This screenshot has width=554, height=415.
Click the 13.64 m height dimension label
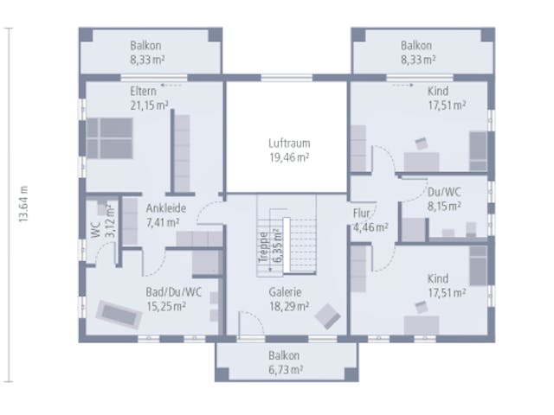[23, 204]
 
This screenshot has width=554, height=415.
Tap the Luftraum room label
[289, 144]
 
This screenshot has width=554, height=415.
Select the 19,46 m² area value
[289, 157]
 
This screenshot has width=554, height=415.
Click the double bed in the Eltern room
[110, 138]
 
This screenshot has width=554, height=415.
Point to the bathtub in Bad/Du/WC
[119, 315]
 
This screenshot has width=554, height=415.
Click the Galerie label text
[285, 292]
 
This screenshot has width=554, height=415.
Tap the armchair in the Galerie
[328, 316]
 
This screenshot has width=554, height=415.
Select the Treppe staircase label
[263, 247]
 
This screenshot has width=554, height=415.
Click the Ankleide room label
[166, 208]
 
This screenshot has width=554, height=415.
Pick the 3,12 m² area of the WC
[110, 220]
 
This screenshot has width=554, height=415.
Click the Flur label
[361, 214]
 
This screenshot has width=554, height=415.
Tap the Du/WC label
[444, 192]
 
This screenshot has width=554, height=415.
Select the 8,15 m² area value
[444, 206]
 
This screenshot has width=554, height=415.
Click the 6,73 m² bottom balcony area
[286, 370]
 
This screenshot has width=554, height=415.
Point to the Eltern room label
[143, 91]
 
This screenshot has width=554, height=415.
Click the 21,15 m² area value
[149, 105]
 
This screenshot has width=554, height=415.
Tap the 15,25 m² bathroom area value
[166, 306]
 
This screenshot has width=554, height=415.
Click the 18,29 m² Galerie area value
[289, 306]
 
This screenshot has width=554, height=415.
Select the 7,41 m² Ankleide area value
[163, 222]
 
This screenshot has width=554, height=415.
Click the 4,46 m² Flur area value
[370, 227]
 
